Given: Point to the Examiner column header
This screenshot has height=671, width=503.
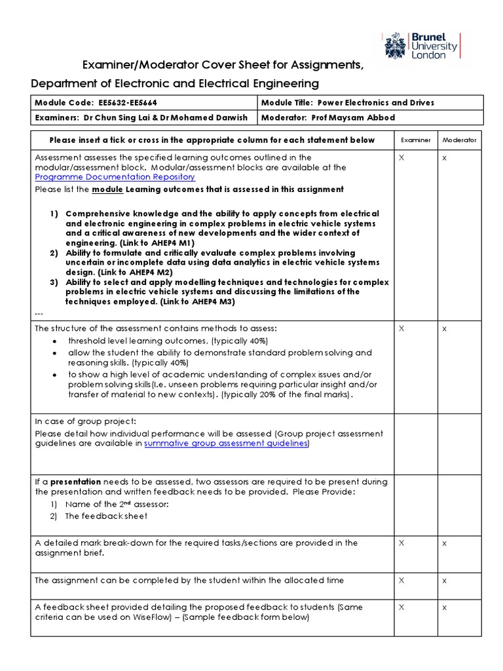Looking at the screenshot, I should click(415, 140).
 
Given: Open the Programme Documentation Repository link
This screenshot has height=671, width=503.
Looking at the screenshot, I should click(115, 177).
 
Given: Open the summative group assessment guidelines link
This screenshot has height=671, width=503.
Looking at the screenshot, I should click(226, 444).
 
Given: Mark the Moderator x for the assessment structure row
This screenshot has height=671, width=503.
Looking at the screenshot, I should click(444, 329).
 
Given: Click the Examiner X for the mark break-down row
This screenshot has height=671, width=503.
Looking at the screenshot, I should click(401, 543).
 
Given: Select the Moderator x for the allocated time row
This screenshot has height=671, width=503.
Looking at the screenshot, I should click(444, 581).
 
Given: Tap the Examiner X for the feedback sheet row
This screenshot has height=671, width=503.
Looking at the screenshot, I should click(401, 608).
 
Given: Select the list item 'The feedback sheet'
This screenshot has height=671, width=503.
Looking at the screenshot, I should click(106, 516).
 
